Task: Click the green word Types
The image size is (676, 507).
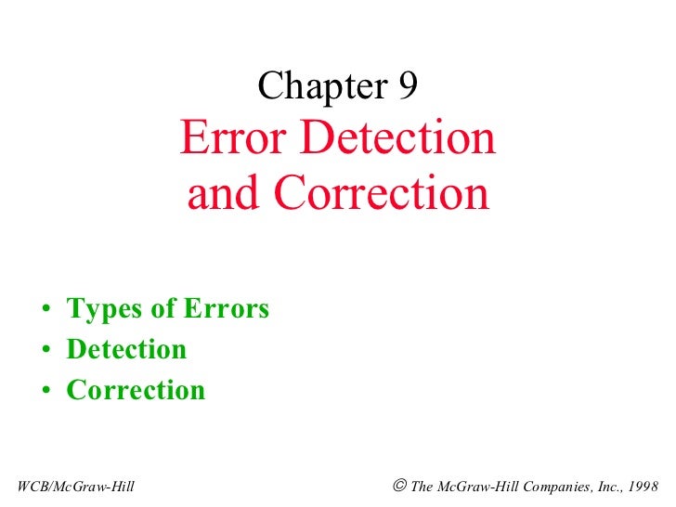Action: pyautogui.click(x=100, y=309)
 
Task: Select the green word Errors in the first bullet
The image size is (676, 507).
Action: pyautogui.click(x=224, y=308)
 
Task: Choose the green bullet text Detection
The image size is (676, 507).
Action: pyautogui.click(x=126, y=349)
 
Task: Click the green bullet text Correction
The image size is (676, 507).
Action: pyautogui.click(x=136, y=390)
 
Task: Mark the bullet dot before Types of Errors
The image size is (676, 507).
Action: pyautogui.click(x=45, y=310)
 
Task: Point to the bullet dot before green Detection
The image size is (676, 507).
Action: pyautogui.click(x=45, y=351)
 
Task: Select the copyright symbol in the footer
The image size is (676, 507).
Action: pyautogui.click(x=398, y=485)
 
